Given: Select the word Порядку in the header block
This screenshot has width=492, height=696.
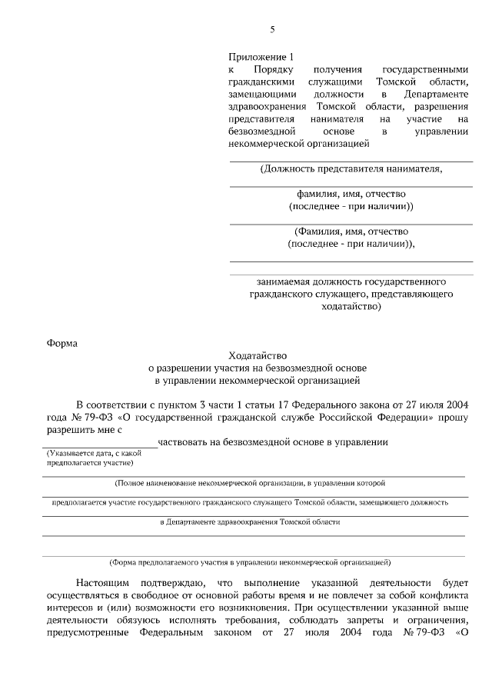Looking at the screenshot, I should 291,69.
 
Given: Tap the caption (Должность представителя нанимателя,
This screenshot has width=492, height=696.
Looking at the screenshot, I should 351,168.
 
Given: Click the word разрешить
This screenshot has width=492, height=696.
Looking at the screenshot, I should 66,429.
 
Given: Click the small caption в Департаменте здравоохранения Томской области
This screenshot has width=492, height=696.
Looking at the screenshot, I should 249,521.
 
